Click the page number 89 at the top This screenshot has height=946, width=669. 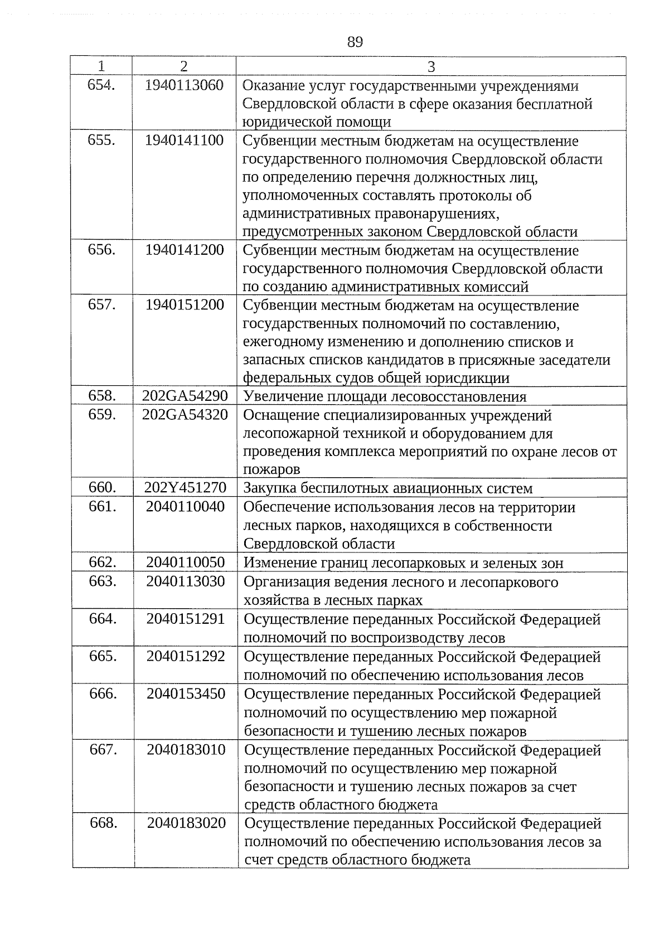click(x=355, y=42)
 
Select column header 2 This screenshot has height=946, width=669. click(x=184, y=66)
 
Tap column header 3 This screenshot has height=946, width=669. click(x=431, y=67)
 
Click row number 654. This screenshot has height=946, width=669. click(x=101, y=85)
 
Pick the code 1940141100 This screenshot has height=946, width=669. click(x=184, y=140)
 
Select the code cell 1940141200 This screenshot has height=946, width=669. click(x=184, y=250)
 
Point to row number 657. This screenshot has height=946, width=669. click(x=101, y=305)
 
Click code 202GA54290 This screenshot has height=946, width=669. click(x=185, y=396)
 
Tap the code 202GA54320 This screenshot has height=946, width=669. click(x=185, y=415)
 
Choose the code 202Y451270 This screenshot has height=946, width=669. click(x=185, y=488)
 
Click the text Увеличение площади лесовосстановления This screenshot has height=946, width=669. click(x=385, y=397)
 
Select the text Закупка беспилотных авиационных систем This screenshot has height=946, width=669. click(x=388, y=488)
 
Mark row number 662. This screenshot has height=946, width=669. click(x=103, y=562)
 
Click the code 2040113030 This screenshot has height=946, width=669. click(x=186, y=581)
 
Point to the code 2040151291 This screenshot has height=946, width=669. click(x=186, y=619)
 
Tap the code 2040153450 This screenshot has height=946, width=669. click(x=186, y=694)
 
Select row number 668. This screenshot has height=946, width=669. click(x=103, y=823)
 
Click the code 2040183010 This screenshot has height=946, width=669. click(x=186, y=750)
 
